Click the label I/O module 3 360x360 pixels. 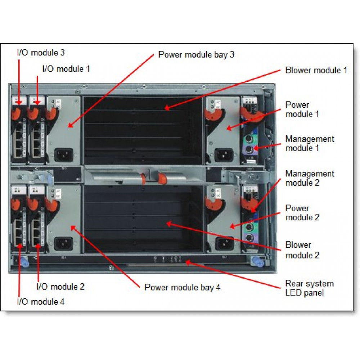pos(41,53)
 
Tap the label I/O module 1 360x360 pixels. pos(66,68)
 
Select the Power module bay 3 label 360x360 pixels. pos(196,55)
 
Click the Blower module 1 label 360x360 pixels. pos(316,70)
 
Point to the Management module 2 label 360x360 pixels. pos(310,178)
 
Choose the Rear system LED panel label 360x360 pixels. pos(309,288)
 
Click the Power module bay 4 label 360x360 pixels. pos(182,287)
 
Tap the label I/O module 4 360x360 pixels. pos(41,302)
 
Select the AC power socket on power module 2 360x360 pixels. pos(223,243)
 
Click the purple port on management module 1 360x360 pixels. pos(249,148)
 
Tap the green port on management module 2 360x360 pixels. pos(249,228)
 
